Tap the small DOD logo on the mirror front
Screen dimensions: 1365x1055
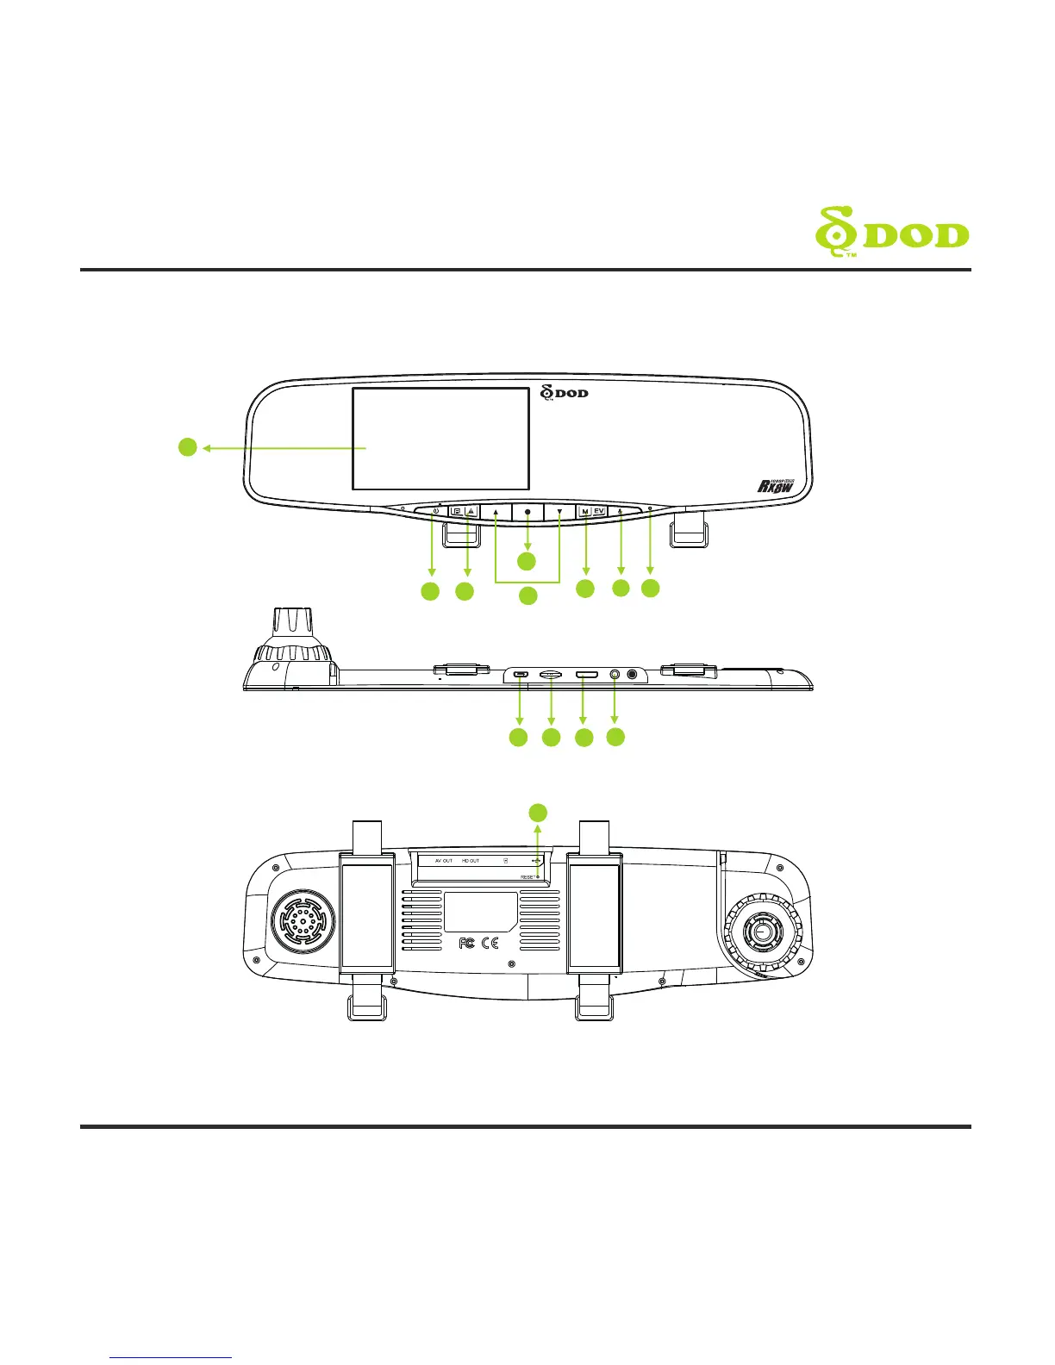pyautogui.click(x=565, y=393)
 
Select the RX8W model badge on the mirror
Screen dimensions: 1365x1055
pyautogui.click(x=775, y=485)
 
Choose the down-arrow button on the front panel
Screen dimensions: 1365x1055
pyautogui.click(x=559, y=512)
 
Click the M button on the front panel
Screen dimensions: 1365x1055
pyautogui.click(x=585, y=512)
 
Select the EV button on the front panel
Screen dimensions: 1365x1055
pyautogui.click(x=599, y=512)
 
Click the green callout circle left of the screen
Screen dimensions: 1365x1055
pyautogui.click(x=188, y=447)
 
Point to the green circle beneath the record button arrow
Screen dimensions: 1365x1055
pyautogui.click(x=527, y=561)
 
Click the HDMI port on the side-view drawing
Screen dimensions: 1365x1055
pyautogui.click(x=587, y=674)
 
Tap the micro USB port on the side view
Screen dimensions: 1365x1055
pyautogui.click(x=520, y=674)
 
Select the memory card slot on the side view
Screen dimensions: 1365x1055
pyautogui.click(x=552, y=674)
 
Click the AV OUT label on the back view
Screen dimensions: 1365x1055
pyautogui.click(x=444, y=861)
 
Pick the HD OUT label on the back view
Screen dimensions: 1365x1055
pyautogui.click(x=470, y=861)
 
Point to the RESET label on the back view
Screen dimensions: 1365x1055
pyautogui.click(x=528, y=876)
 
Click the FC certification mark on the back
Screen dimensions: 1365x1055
pyautogui.click(x=466, y=943)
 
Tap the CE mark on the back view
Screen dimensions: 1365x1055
pyautogui.click(x=490, y=943)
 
